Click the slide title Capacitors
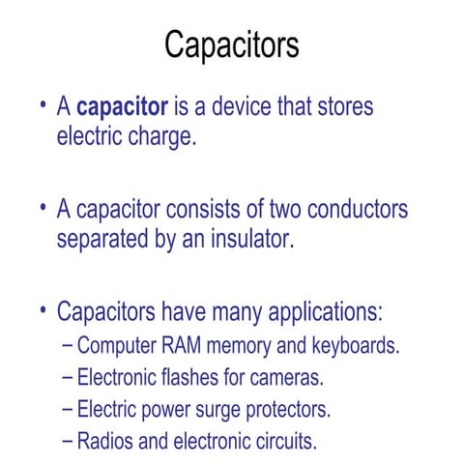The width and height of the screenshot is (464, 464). coord(231,44)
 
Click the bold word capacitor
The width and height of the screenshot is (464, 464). coord(122,105)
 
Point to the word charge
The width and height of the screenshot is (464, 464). coord(161,135)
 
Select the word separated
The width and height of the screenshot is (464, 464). coord(105,239)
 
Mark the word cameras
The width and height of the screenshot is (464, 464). coord(289,377)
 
